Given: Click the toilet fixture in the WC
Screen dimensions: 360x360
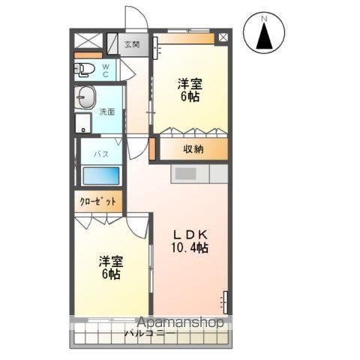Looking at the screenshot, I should pyautogui.click(x=84, y=70).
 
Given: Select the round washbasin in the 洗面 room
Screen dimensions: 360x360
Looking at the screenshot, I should pyautogui.click(x=87, y=98).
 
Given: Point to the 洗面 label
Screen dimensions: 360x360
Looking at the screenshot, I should pyautogui.click(x=107, y=112).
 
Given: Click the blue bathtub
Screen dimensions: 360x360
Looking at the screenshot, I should pyautogui.click(x=100, y=176).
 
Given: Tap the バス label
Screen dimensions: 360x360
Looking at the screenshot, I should pyautogui.click(x=101, y=154).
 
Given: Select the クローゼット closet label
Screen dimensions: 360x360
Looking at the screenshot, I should pyautogui.click(x=98, y=202).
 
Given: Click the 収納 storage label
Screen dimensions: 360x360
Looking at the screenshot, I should pyautogui.click(x=193, y=149).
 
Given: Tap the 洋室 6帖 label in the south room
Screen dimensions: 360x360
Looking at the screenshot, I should pyautogui.click(x=111, y=268).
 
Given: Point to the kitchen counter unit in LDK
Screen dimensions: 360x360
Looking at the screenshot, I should pyautogui.click(x=199, y=174).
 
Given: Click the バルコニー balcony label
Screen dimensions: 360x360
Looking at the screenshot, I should pyautogui.click(x=150, y=332).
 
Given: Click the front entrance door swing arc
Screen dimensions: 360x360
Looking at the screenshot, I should pyautogui.click(x=135, y=18).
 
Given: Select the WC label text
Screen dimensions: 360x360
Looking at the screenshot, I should pyautogui.click(x=106, y=70).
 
